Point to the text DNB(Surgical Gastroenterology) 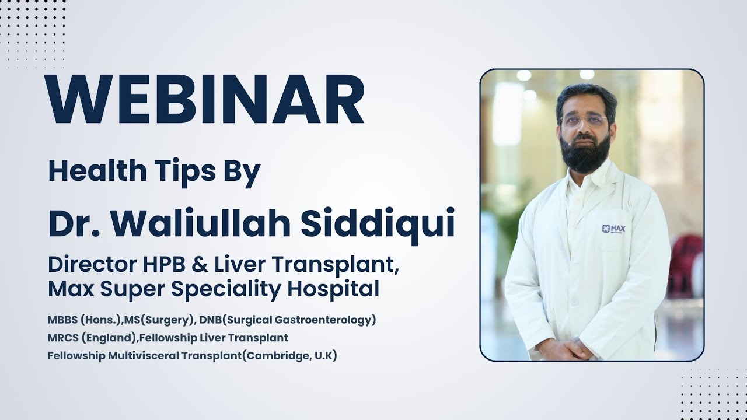(x=287, y=320)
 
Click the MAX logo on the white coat (x=613, y=229)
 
